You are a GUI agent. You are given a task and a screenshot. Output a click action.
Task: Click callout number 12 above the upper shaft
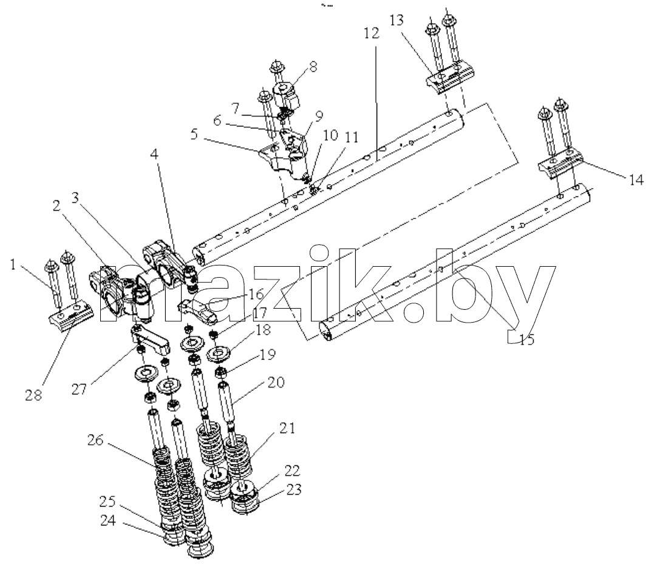point(371,33)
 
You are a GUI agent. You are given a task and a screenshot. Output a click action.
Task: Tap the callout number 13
point(397,19)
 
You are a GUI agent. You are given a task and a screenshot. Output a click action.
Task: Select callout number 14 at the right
point(636,179)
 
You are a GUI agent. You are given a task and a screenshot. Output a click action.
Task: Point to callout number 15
point(526,339)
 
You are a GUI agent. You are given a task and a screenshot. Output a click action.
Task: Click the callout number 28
point(33,395)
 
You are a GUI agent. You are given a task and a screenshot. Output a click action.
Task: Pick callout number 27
point(79,389)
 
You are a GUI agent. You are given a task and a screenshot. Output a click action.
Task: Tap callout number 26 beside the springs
point(95,440)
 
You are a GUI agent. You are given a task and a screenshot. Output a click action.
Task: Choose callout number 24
point(107,521)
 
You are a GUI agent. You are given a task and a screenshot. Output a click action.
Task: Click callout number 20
point(276,382)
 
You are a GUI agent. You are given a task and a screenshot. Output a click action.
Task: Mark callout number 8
point(313,67)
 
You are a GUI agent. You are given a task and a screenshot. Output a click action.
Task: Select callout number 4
point(154,154)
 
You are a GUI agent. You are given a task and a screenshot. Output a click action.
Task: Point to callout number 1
point(13,264)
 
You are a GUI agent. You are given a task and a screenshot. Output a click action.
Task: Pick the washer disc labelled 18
point(220,355)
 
